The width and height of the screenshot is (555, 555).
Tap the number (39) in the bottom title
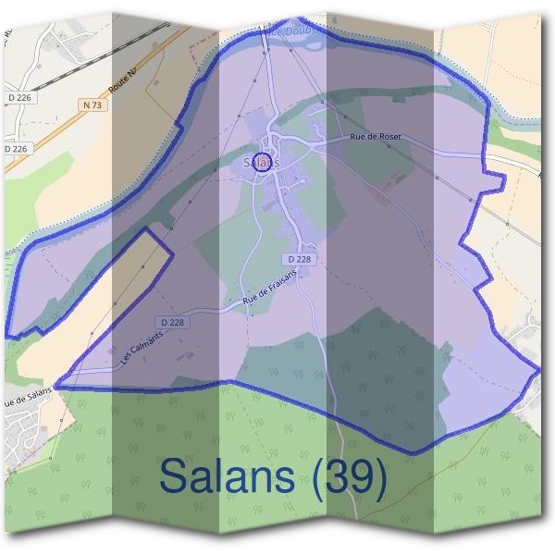click(x=348, y=476)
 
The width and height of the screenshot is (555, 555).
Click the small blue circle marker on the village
click(x=262, y=163)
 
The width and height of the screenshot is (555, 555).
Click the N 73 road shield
click(x=92, y=105)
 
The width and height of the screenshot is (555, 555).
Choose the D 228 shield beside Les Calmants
click(x=173, y=322)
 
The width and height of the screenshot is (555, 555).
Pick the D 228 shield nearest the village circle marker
click(x=300, y=259)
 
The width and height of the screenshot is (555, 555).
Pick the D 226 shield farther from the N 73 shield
click(x=16, y=148)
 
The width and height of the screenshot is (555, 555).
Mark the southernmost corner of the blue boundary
click(x=413, y=453)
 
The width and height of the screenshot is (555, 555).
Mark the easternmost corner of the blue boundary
click(x=539, y=370)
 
